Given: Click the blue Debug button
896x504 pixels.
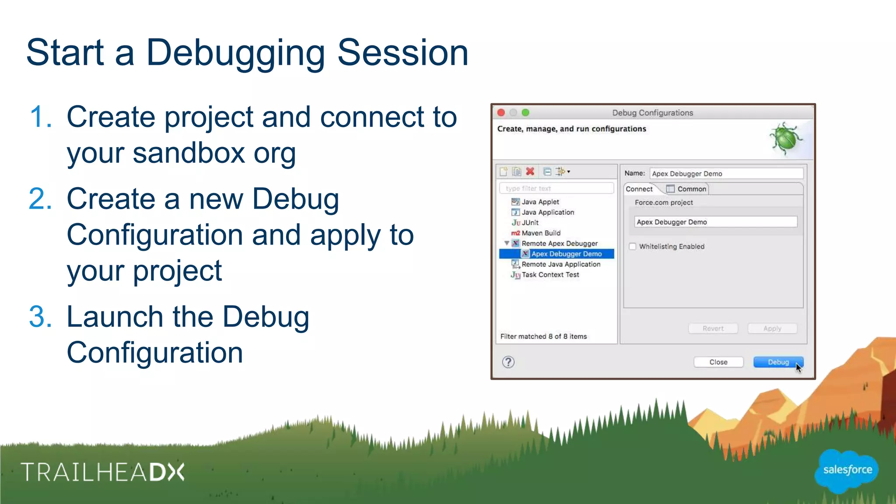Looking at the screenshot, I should click(777, 362).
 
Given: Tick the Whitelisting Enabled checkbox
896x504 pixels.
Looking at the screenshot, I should click(633, 246).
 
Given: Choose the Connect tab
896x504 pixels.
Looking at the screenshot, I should click(639, 189).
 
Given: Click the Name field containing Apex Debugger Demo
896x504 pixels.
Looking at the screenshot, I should click(726, 174).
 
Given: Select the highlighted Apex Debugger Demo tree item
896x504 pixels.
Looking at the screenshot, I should click(566, 254).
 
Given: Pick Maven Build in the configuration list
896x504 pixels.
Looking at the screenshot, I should click(541, 233).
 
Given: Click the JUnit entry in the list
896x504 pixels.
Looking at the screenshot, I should click(530, 223).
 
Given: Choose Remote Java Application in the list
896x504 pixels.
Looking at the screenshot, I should click(560, 264).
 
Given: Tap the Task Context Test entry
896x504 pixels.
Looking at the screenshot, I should click(550, 275).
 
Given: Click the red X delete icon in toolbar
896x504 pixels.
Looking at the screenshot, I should click(530, 171).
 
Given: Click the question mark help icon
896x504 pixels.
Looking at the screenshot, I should click(508, 362).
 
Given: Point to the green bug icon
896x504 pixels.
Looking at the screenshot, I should click(785, 138).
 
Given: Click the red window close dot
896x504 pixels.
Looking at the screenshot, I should click(501, 113).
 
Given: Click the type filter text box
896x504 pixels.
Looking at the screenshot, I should click(556, 189).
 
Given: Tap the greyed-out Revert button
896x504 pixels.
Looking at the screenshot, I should click(713, 329).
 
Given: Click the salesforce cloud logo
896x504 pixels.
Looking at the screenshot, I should click(847, 470).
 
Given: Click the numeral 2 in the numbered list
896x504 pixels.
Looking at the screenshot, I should click(40, 199).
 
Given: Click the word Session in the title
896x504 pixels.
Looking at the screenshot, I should click(403, 52).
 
